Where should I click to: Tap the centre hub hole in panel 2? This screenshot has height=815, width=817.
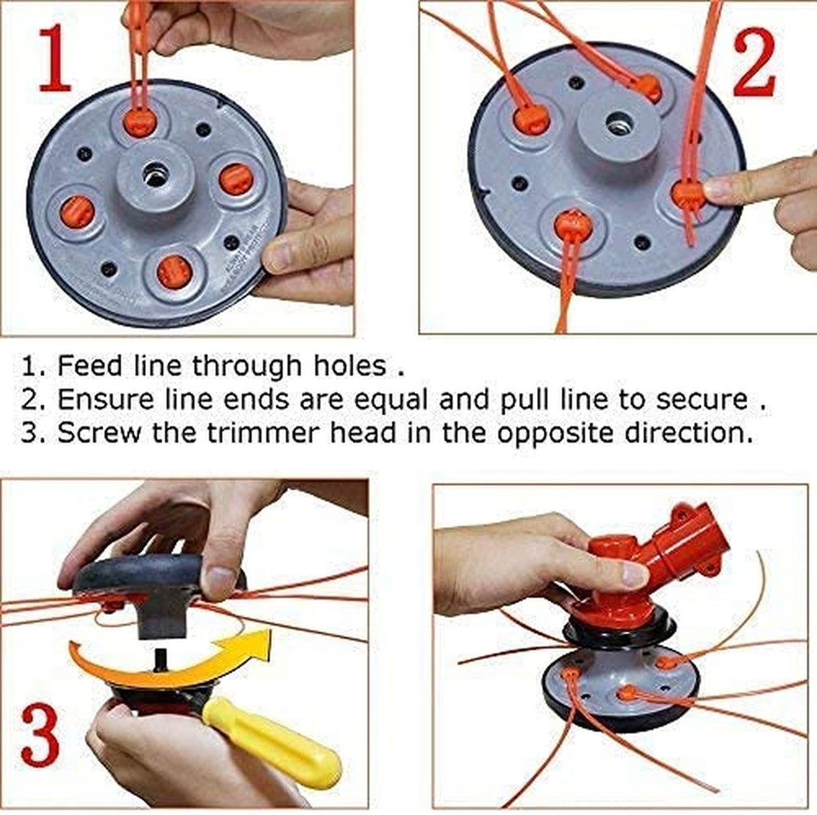pyautogui.click(x=616, y=125)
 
